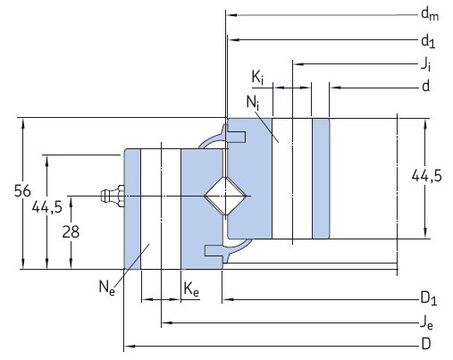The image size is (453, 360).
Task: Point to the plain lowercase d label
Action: [425, 87]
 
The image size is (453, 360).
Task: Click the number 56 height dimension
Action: [13, 191]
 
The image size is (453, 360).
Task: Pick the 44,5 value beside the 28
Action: [46, 207]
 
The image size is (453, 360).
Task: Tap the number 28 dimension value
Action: [71, 230]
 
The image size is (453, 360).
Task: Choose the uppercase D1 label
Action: [428, 297]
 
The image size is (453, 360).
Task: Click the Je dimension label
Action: [427, 322]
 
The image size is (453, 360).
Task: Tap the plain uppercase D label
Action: [426, 344]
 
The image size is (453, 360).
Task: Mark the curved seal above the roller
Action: [211, 140]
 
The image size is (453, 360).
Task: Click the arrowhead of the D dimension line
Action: [126, 344]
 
